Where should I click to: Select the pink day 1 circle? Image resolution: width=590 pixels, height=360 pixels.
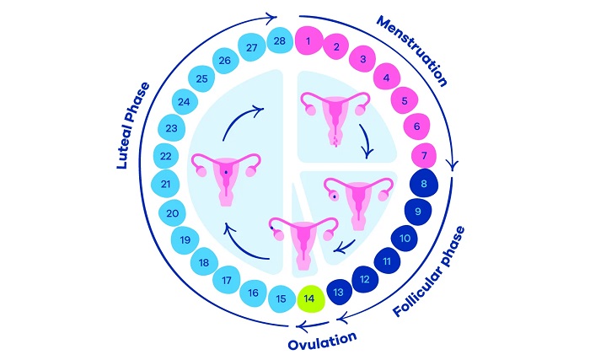click(308, 40)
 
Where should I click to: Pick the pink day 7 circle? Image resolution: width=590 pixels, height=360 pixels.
click(422, 154)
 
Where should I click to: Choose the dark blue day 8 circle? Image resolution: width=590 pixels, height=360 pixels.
click(424, 182)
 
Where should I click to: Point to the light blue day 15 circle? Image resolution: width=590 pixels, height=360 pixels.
click(282, 298)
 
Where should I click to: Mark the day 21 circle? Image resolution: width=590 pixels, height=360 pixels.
click(166, 184)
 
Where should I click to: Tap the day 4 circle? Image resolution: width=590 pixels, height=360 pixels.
click(386, 79)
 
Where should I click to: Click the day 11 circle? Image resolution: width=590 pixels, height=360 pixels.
click(387, 261)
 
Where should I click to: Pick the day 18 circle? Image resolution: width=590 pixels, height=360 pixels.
click(203, 262)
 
